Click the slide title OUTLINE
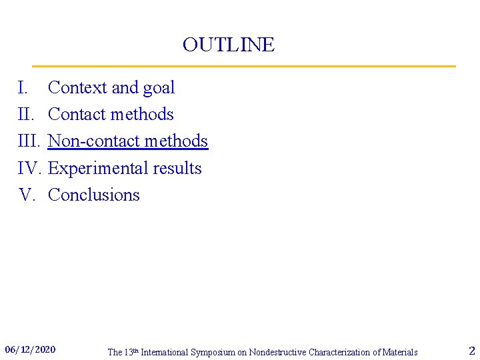[x=228, y=45]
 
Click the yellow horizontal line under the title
[x=243, y=66]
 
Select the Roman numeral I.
[x=22, y=88]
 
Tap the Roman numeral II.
[x=25, y=115]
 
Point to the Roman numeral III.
[x=29, y=141]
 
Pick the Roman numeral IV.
[x=30, y=168]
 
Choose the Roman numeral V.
[x=27, y=195]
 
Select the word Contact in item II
[x=77, y=115]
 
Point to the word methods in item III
[x=176, y=141]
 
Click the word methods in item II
[x=141, y=115]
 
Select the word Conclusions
[x=94, y=195]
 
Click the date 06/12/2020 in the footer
[x=31, y=349]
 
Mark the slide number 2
[x=472, y=351]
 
